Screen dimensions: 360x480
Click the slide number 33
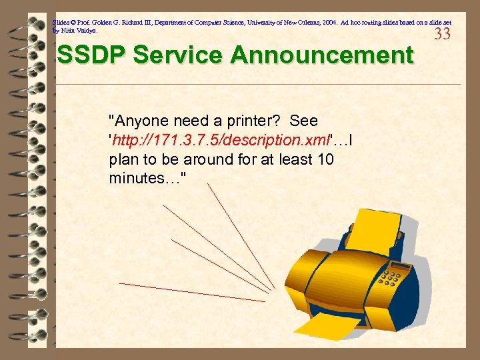443,34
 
